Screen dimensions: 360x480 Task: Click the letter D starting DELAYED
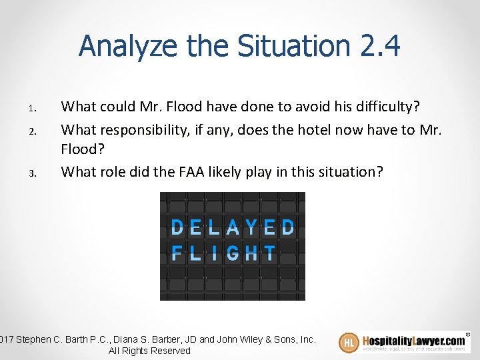point(177,227)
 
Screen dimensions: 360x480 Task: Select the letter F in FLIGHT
point(177,253)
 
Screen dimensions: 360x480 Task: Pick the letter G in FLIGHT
point(233,253)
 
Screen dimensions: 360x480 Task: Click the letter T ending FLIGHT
point(269,253)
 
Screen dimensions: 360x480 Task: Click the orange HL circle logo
point(349,343)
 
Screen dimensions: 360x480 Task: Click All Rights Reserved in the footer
point(149,351)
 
